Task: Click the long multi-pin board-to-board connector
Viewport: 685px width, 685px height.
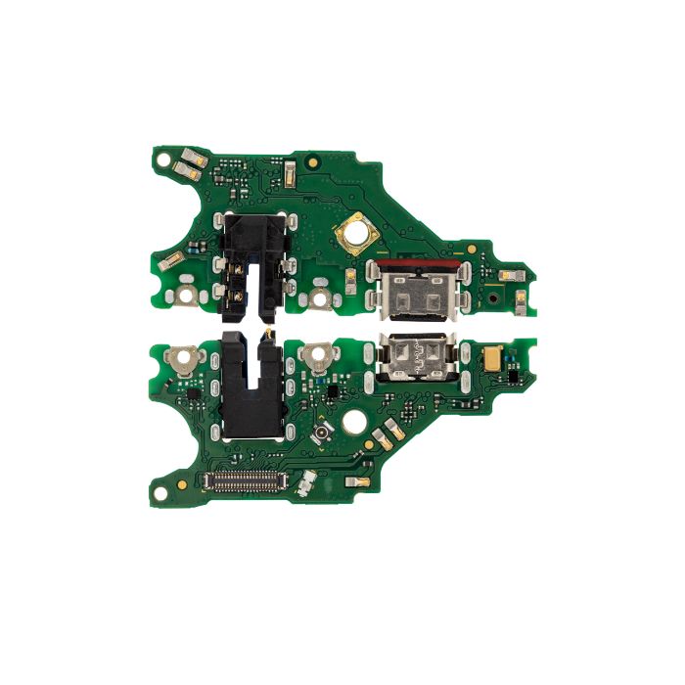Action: (x=241, y=479)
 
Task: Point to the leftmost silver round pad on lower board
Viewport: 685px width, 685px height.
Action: (x=180, y=357)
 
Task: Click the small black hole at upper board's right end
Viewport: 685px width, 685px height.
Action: (x=496, y=293)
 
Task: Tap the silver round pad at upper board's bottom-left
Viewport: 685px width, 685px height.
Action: (x=185, y=295)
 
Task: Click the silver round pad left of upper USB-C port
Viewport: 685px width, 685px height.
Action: (x=319, y=296)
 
